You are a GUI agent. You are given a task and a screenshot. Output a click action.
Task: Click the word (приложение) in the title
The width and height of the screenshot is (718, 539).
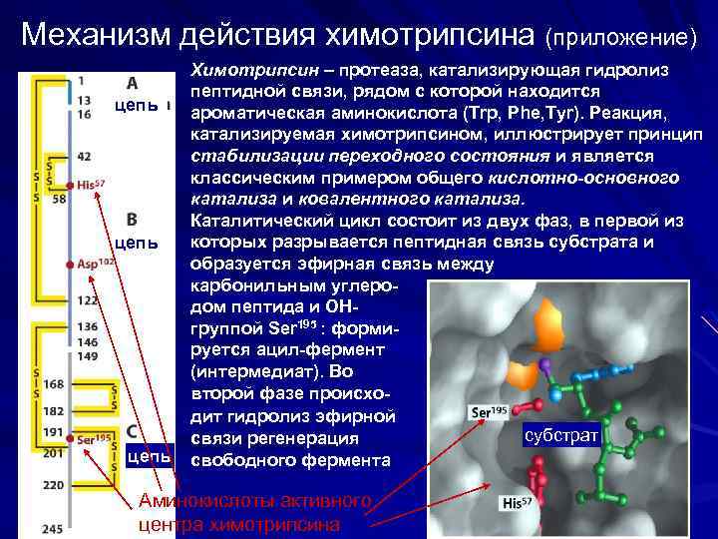(621, 37)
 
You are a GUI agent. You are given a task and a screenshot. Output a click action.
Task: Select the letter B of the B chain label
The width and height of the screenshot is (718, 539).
(132, 218)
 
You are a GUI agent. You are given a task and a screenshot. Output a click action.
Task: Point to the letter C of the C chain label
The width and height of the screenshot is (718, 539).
(133, 431)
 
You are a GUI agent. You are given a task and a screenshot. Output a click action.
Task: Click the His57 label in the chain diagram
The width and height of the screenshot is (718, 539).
(91, 185)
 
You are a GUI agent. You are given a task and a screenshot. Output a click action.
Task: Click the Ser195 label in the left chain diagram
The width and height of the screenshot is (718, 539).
(94, 438)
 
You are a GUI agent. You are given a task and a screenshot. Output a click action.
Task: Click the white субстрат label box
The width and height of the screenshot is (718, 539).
(560, 437)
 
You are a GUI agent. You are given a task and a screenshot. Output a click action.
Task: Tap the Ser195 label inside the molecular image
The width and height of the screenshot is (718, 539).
(488, 411)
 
